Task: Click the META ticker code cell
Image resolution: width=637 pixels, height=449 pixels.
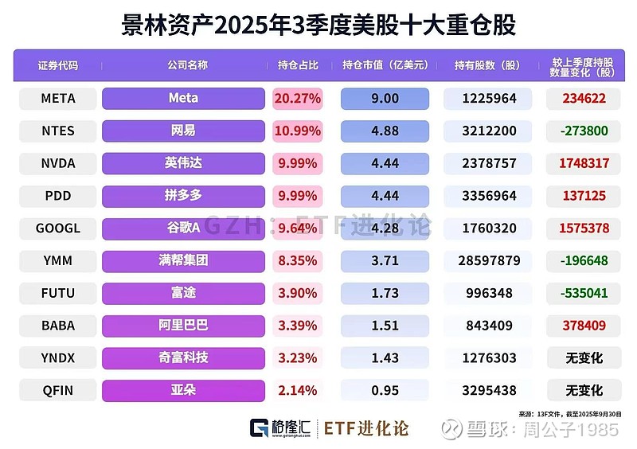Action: pos(57,99)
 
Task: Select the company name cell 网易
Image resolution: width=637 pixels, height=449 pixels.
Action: pos(183,131)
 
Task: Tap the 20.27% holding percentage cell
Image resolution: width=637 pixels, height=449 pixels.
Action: pos(297,99)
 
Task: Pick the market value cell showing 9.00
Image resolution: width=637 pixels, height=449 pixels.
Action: pos(385,99)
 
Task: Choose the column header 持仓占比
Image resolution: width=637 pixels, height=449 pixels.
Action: pos(297,65)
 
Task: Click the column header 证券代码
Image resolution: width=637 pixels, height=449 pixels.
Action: pos(57,65)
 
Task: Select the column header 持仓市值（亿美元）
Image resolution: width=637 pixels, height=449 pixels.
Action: pos(385,65)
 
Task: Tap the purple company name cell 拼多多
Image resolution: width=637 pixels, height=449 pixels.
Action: pos(183,196)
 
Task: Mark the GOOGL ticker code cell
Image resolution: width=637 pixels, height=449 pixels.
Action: pos(57,228)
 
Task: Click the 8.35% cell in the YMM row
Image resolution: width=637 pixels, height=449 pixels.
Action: pos(297,260)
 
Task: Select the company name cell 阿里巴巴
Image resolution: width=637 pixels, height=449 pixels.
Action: pos(183,326)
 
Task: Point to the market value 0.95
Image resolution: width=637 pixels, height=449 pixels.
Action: pos(385,391)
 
